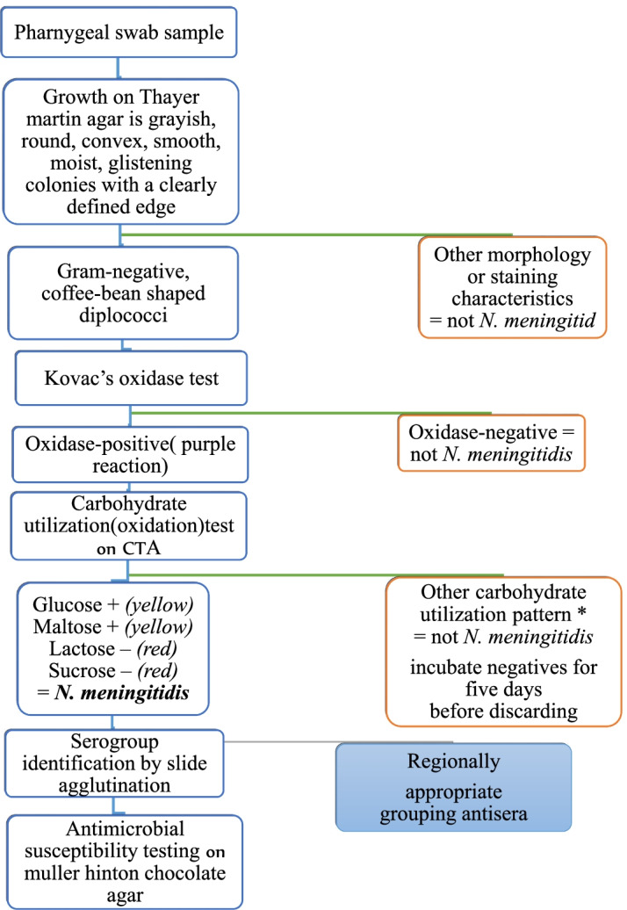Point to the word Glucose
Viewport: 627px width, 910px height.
tap(63, 605)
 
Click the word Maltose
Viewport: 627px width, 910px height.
tap(62, 626)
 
